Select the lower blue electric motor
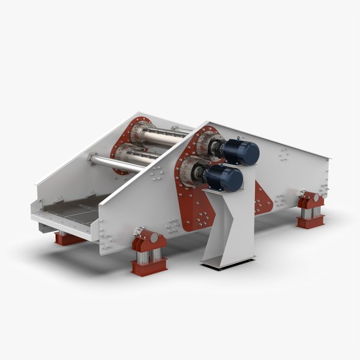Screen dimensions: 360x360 (227, 179)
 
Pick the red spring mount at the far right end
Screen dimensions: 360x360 (310, 210)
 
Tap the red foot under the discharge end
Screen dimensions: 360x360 (67, 238)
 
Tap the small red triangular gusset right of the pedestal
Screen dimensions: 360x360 (261, 198)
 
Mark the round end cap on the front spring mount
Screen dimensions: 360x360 (154, 238)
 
